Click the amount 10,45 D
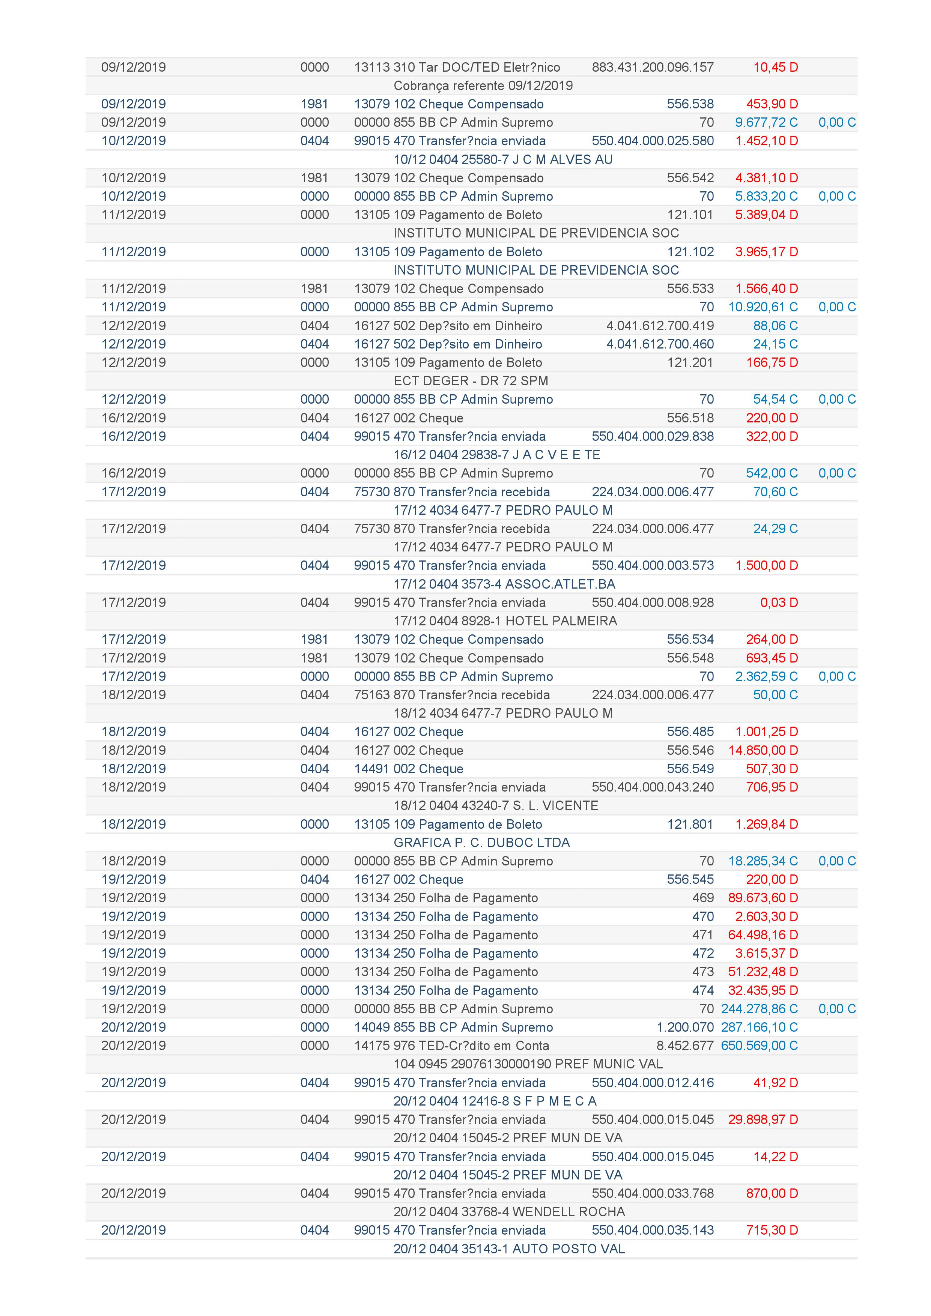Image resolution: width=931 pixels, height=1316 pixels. pos(775,67)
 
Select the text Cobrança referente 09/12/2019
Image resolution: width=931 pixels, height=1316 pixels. pos(483,86)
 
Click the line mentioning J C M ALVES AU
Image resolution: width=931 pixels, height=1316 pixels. pos(503,159)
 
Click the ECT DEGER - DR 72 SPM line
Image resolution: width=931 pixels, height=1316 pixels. pos(470,381)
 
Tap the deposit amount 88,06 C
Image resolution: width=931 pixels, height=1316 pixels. pos(775,326)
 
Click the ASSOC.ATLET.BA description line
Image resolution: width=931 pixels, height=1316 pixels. pos(504,584)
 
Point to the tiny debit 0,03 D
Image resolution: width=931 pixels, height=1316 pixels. pos(779,602)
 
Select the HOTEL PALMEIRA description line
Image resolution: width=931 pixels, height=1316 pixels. pos(505,621)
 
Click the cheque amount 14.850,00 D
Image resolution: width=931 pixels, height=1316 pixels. pos(763,750)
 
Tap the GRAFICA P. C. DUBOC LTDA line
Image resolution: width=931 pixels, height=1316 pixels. pos(481,843)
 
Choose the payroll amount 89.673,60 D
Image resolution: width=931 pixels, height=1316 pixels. pos(763,898)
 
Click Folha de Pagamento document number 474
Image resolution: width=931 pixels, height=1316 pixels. pos(703,990)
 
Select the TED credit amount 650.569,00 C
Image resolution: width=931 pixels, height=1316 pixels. pos(759,1046)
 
